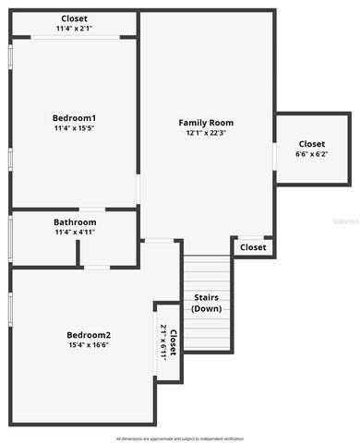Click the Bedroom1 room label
click(75, 117)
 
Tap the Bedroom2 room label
click(89, 334)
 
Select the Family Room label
click(206, 122)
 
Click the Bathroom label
click(75, 222)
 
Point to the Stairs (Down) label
click(207, 303)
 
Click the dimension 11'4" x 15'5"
click(75, 129)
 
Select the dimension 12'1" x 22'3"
click(206, 134)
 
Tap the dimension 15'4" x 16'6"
click(89, 346)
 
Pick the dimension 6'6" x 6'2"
click(311, 155)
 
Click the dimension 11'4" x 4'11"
click(75, 233)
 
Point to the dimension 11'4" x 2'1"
click(75, 29)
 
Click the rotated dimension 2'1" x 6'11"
click(164, 341)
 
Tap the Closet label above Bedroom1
click(75, 18)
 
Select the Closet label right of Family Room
click(311, 144)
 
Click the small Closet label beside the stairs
click(253, 247)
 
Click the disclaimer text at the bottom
click(180, 437)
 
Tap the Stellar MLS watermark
click(344, 222)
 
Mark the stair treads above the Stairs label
click(206, 272)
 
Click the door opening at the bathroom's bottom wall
click(96, 268)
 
